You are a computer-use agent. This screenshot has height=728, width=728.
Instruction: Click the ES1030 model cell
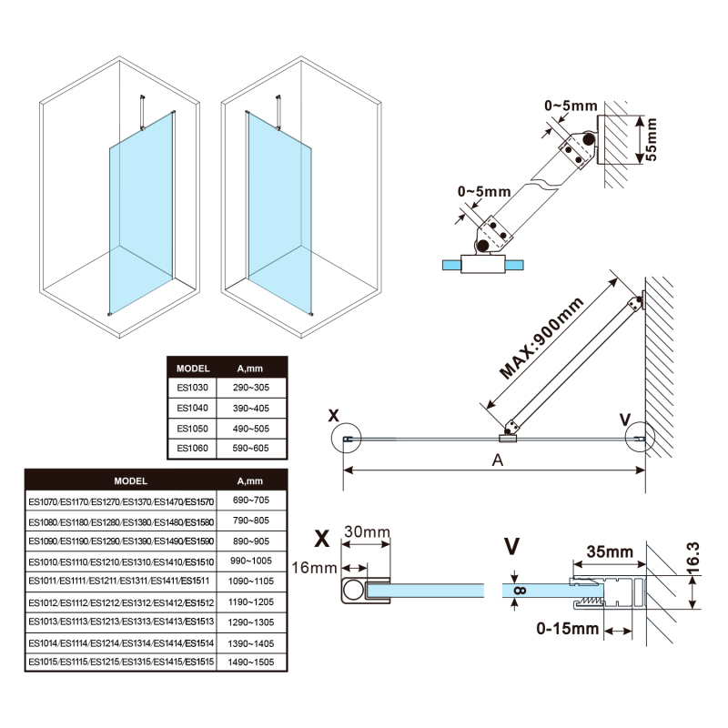point(193,387)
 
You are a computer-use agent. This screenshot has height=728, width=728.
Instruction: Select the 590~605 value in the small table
point(250,448)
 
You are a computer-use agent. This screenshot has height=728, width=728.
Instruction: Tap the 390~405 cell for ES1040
point(250,408)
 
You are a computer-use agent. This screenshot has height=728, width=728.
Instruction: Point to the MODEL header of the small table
point(193,369)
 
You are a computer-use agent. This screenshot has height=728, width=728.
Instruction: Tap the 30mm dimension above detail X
point(367,531)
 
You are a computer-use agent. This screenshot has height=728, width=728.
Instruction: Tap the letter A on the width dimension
point(498,460)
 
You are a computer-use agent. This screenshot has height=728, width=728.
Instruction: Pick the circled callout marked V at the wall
point(640,439)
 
